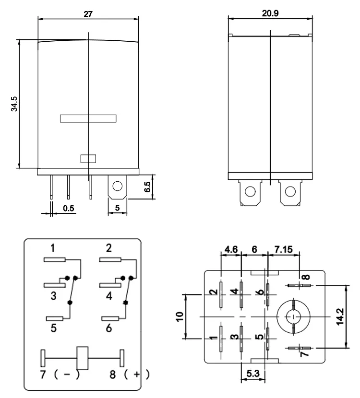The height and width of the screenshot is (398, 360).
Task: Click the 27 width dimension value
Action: click(x=87, y=13)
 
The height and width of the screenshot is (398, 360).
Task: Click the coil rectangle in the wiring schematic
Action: click(x=83, y=358)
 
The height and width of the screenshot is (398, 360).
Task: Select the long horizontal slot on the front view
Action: click(x=88, y=118)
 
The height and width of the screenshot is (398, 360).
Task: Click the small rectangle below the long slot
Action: click(x=88, y=159)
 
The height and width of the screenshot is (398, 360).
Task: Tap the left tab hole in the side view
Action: click(x=250, y=191)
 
